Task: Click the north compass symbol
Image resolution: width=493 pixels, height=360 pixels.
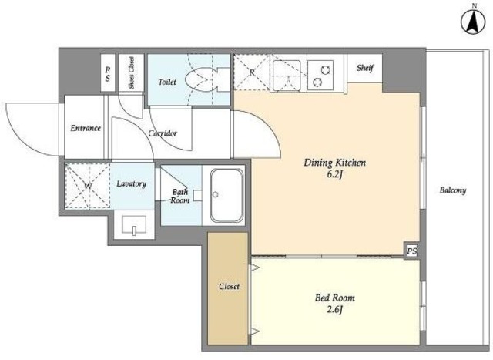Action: [474, 21]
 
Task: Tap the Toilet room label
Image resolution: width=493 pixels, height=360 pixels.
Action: [167, 82]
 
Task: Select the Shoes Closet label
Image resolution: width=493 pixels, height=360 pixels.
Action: [132, 72]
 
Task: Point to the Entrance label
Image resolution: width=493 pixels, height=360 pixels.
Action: [86, 128]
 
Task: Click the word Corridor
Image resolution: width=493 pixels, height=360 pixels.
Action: [163, 133]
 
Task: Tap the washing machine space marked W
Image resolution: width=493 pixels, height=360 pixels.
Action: [88, 186]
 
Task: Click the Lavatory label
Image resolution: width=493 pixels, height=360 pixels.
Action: [132, 183]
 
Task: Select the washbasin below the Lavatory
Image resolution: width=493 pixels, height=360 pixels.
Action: [134, 224]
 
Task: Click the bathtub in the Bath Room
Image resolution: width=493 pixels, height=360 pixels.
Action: [226, 196]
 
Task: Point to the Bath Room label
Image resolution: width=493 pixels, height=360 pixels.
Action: [180, 196]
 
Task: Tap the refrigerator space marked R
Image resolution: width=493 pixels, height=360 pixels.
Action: [252, 72]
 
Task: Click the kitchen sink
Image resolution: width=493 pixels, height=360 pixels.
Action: [287, 76]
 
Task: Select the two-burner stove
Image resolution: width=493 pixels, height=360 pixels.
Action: [320, 75]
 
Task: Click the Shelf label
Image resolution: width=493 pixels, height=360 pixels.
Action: [364, 68]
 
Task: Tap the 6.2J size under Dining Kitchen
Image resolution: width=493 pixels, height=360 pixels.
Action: [334, 174]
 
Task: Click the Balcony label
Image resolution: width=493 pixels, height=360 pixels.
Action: [453, 190]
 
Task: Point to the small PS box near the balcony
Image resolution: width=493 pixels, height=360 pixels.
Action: [412, 251]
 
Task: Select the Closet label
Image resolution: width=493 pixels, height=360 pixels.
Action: [229, 287]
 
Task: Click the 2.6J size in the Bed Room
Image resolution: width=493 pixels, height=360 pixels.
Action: [334, 310]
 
